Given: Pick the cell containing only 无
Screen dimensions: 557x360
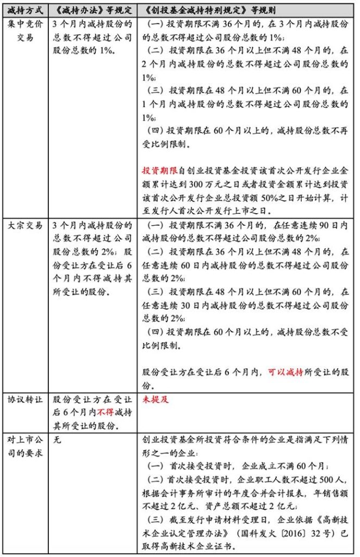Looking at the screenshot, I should [x=58, y=440].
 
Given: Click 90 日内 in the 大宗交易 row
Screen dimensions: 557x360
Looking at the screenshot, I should [x=313, y=226].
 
